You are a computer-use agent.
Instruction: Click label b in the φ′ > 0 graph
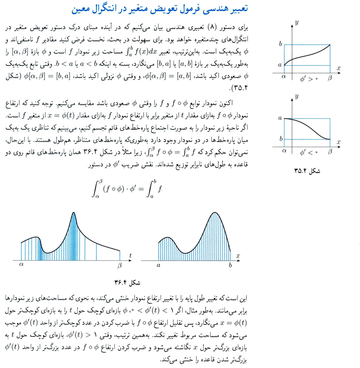coord(280,44)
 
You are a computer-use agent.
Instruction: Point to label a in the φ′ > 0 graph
coord(280,65)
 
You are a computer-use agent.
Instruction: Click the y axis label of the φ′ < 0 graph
coord(296,97)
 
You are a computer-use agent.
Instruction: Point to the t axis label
coord(130,255)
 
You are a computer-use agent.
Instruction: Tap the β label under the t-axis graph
coord(120,266)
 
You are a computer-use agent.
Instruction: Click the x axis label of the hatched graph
coord(238,255)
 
